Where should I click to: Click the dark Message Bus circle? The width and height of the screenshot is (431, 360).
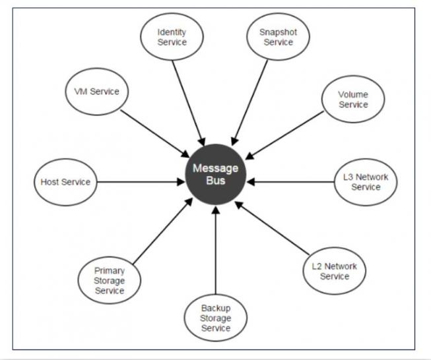point(215,174)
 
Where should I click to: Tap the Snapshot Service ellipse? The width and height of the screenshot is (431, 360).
point(278,37)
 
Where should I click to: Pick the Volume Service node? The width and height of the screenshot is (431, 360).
point(353,100)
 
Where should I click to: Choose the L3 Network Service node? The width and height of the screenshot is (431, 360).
point(366,182)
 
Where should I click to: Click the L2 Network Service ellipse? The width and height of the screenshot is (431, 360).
point(334,271)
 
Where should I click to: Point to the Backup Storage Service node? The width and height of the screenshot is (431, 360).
point(216,318)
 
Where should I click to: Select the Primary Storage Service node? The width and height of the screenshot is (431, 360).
point(110,280)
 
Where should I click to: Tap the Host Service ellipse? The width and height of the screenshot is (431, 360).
point(65,182)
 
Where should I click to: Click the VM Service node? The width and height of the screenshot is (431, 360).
point(92,92)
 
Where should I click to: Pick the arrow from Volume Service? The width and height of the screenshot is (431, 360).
point(286,135)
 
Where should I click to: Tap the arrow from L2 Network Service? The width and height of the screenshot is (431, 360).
point(272,228)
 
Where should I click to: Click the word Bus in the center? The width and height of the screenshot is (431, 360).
point(215,181)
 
